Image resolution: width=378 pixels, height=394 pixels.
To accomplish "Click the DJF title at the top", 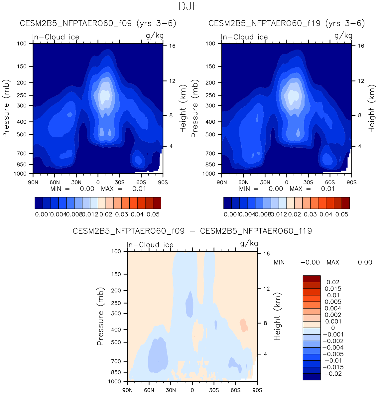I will coord(189,6).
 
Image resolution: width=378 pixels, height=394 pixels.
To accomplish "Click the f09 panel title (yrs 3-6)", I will coord(98,23).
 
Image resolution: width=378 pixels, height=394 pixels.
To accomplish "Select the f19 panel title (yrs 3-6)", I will coord(287,23).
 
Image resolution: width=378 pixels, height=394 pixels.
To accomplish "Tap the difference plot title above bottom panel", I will coord(192,231).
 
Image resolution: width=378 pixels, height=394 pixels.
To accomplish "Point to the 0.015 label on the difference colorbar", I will coord(333,289).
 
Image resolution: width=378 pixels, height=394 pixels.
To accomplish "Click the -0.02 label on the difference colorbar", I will coord(332,374).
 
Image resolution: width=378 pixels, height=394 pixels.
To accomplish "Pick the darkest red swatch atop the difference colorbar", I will coord(312,279).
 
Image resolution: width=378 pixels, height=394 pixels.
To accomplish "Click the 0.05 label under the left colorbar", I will coord(153,214).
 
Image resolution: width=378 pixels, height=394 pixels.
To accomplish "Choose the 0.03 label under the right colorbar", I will coord(310,214).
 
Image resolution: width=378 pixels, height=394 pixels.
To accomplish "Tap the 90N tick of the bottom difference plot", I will coord(127,390).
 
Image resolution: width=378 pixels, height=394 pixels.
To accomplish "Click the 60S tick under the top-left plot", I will coord(141,182).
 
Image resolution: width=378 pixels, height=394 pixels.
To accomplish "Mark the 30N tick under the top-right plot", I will coord(265,182).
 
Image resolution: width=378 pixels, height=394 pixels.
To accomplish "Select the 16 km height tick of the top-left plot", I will coord(172,46).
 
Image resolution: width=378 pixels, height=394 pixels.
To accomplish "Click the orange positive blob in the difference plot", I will coord(244,325).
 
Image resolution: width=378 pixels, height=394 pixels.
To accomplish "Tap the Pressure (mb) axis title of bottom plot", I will coord(100,317).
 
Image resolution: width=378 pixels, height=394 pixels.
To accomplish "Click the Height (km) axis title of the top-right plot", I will coord(371,109).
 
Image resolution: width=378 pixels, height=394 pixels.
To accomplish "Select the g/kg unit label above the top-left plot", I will coord(155,36).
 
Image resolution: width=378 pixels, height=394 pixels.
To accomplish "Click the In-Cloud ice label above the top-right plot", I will coord(244,37).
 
